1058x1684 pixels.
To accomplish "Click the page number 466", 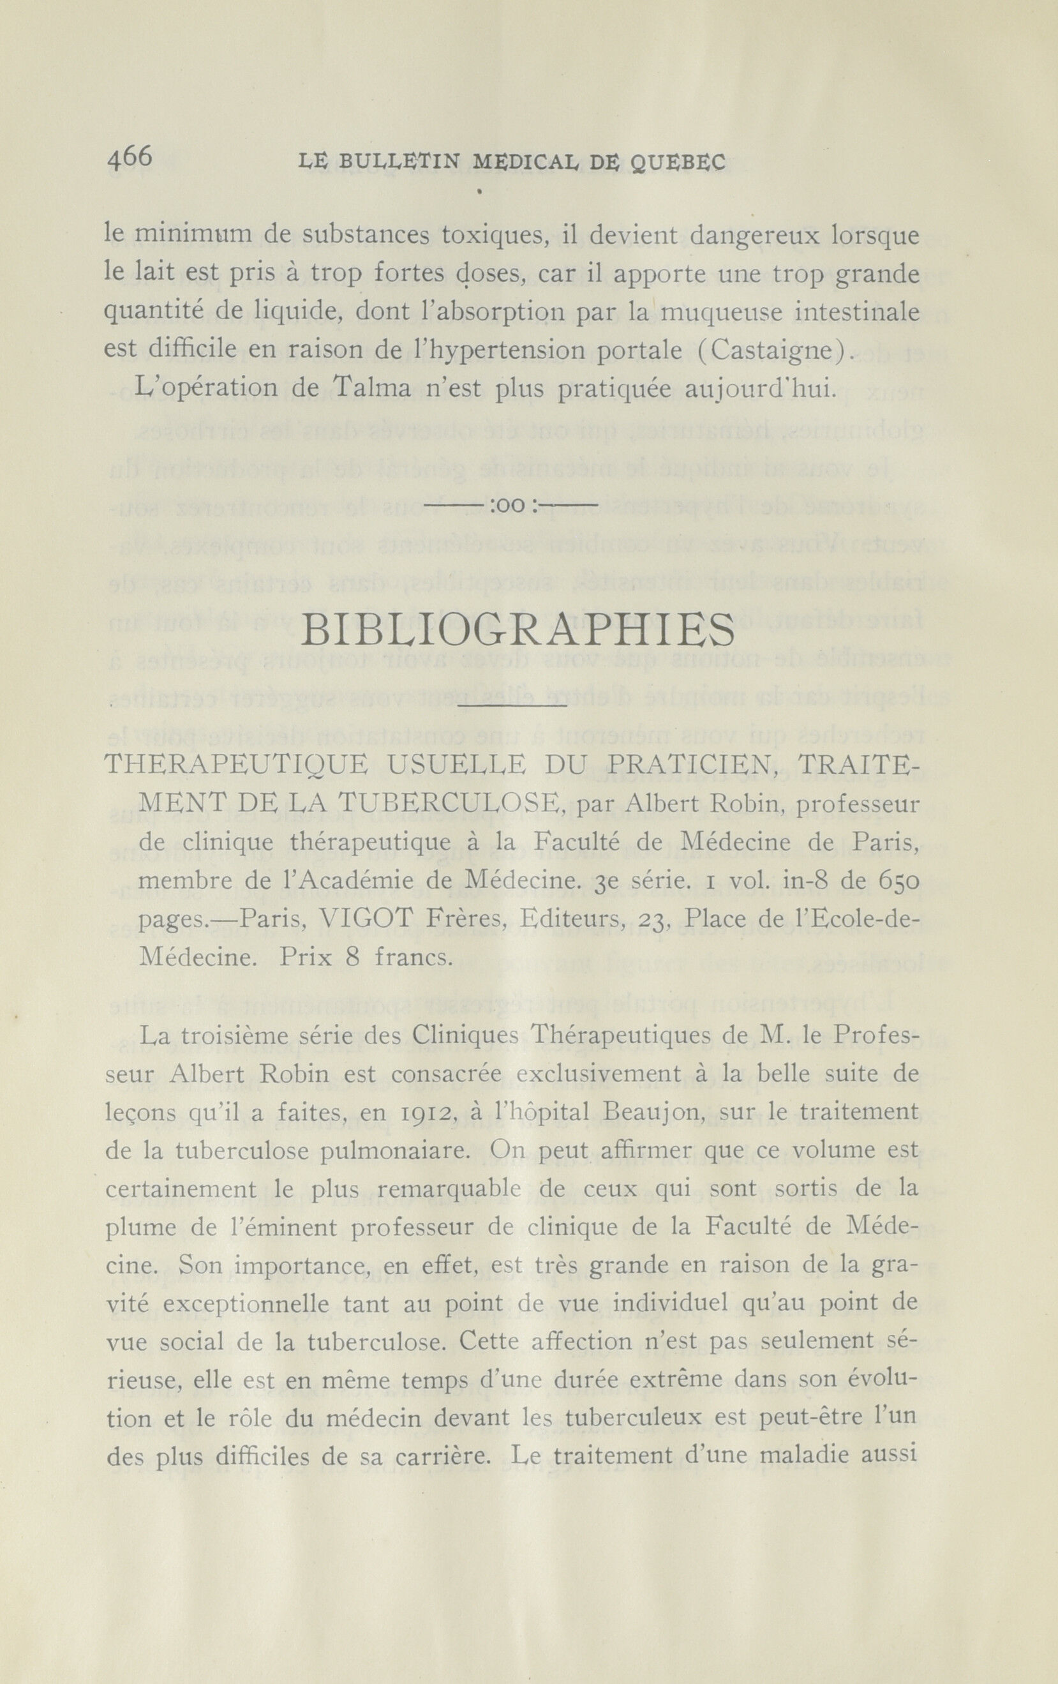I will coord(130,158).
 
